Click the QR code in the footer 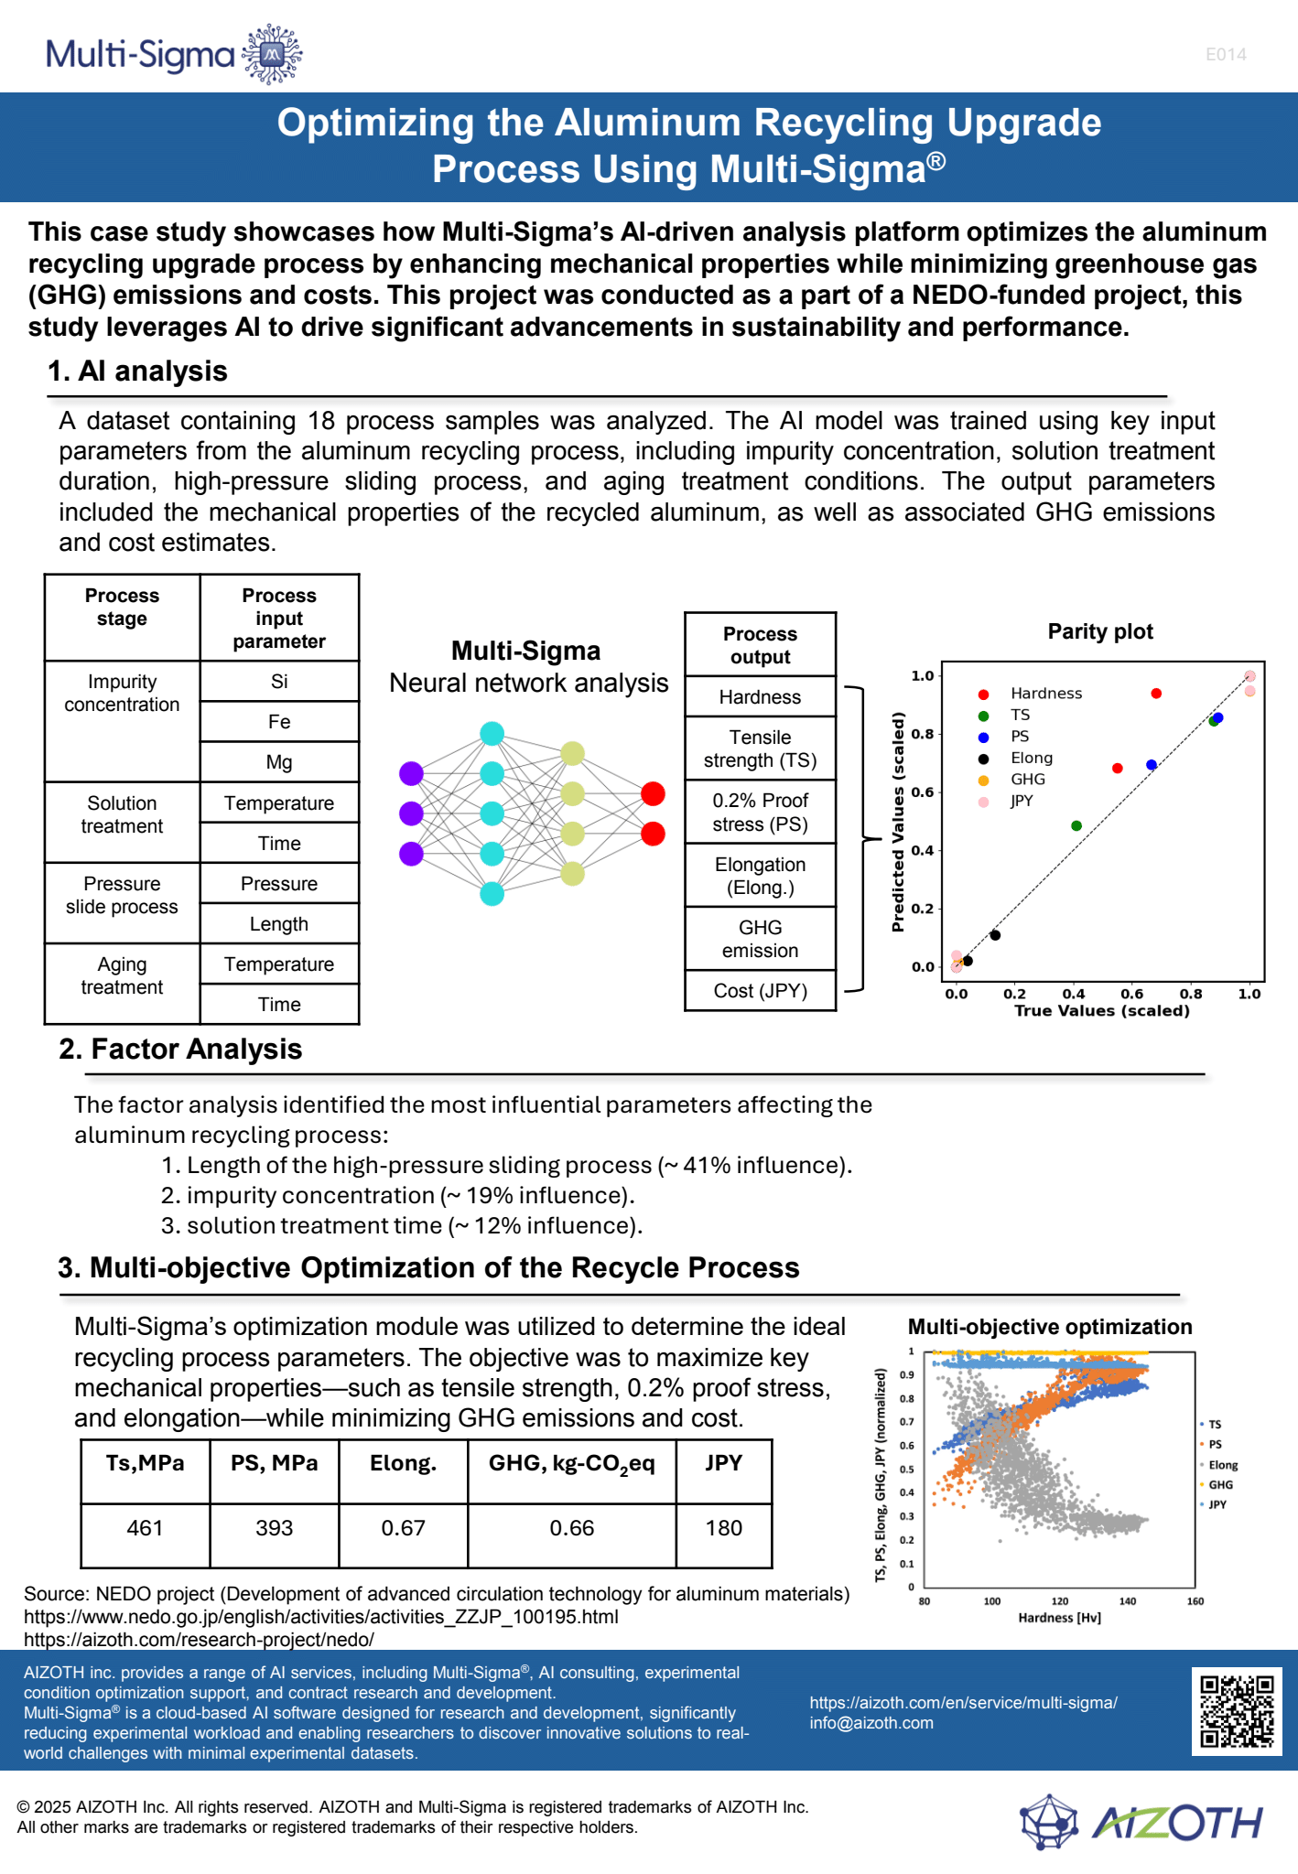(1237, 1711)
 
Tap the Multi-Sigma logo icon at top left (272, 55)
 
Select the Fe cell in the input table (279, 722)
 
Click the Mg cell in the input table (279, 762)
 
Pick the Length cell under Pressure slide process (279, 924)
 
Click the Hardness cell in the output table (760, 697)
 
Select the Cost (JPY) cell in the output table (760, 991)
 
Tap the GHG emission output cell (760, 939)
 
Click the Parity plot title (1100, 631)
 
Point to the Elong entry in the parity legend (1032, 758)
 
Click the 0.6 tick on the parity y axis (922, 792)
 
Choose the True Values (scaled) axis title (1102, 1011)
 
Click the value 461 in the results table (145, 1528)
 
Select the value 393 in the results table (275, 1528)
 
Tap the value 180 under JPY (724, 1528)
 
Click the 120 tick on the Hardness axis (1060, 1601)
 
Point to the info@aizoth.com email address (871, 1723)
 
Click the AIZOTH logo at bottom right (1142, 1823)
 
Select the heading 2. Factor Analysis (180, 1050)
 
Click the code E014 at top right (1226, 55)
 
